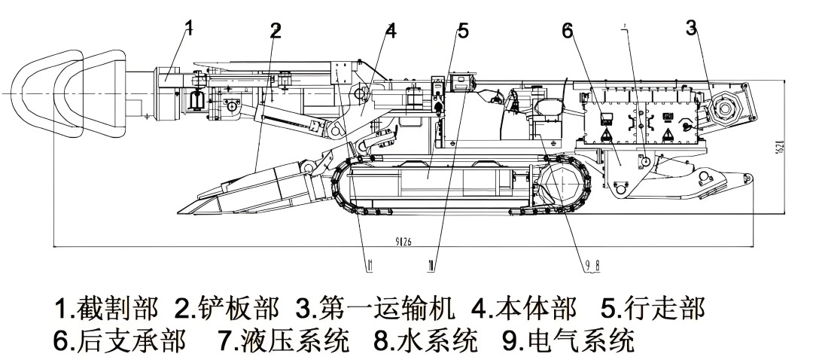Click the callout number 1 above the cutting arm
coord(189,29)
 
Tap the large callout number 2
coord(276,31)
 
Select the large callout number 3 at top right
coord(691,28)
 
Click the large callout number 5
coord(463,31)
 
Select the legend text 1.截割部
coord(106,308)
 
